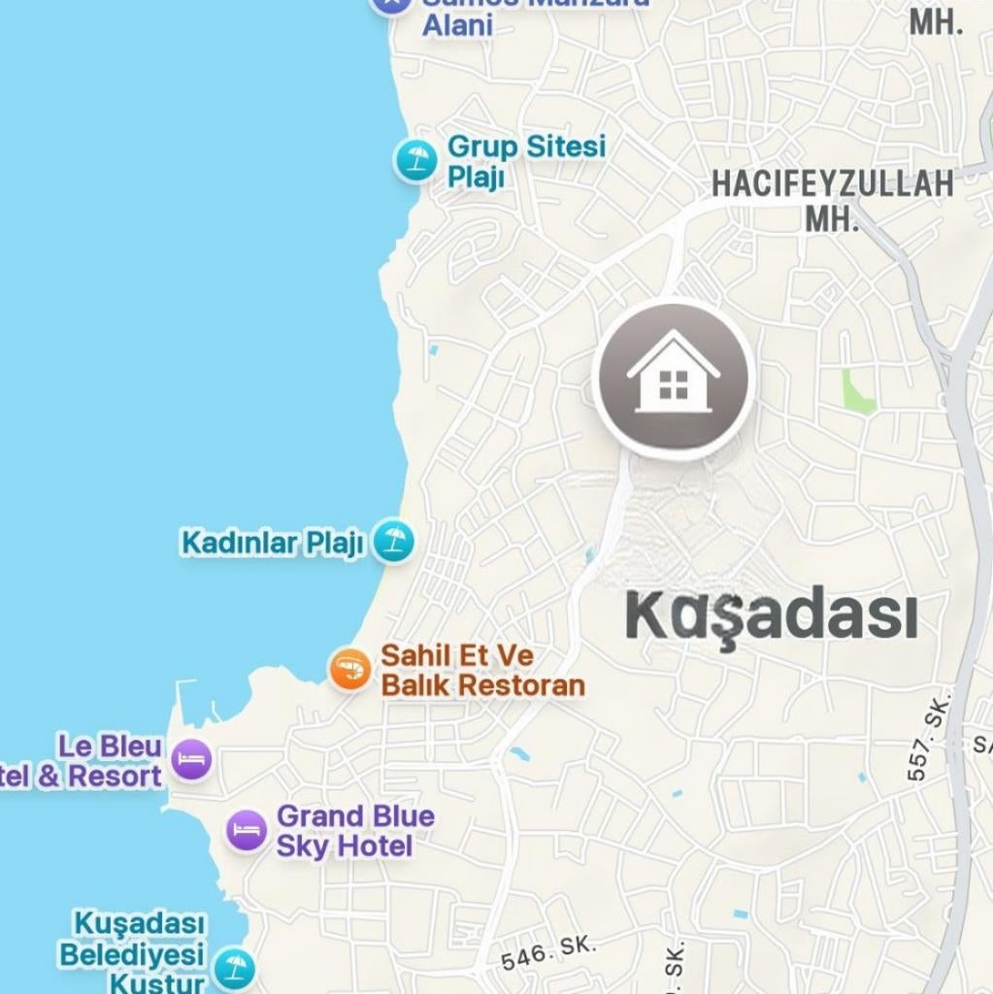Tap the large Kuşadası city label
point(771,615)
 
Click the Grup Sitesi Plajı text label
point(525,161)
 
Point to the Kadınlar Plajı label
point(272,543)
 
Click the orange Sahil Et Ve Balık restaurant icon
point(349,669)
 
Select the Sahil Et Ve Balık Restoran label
point(482,670)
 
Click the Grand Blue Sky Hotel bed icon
point(248,831)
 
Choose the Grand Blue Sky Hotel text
point(355,831)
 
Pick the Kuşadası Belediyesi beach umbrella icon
point(234,968)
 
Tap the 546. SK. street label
point(548,953)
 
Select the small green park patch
point(857,393)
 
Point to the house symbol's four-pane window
point(674,385)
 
